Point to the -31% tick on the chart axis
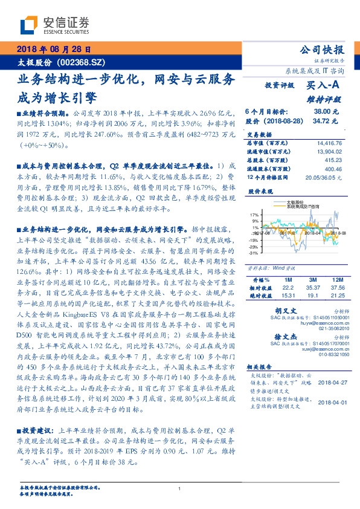[254, 252]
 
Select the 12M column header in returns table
[337, 280]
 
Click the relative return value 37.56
[337, 288]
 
